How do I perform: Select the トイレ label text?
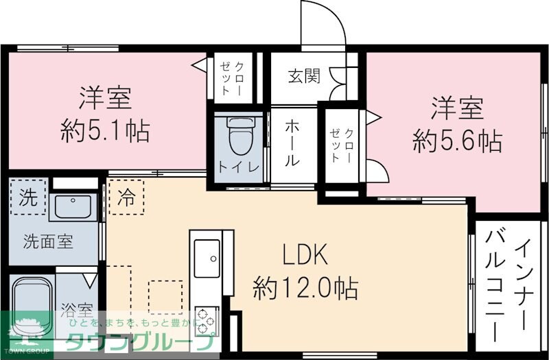[238, 167]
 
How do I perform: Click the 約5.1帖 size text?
[104, 130]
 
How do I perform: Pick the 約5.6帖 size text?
[457, 141]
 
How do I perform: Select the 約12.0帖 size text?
[305, 287]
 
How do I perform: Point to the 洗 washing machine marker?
[28, 197]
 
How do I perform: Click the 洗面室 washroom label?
[49, 241]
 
